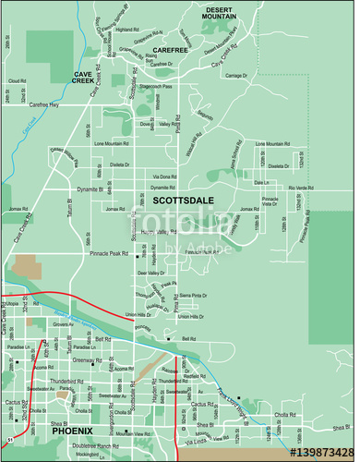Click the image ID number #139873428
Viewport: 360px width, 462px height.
pos(321,453)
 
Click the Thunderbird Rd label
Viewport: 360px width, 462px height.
pos(82,380)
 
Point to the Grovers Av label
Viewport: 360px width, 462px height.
pos(63,324)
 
